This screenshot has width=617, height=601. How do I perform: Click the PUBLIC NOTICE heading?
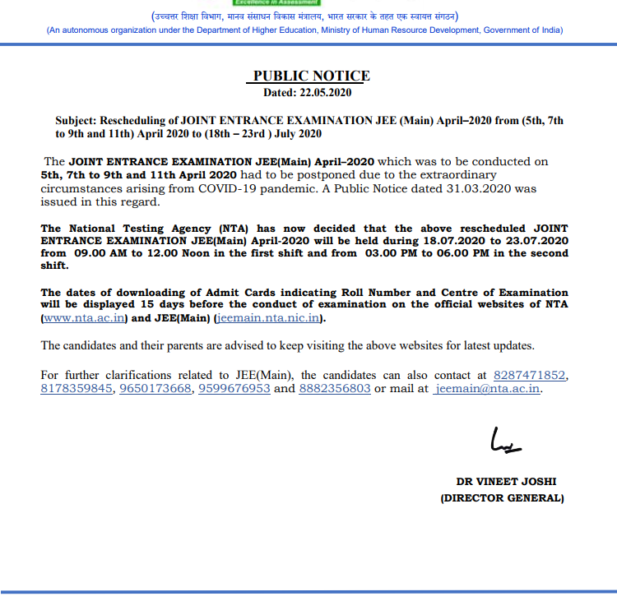[311, 76]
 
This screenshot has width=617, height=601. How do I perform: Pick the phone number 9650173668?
[155, 389]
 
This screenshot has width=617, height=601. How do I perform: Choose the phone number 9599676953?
[234, 389]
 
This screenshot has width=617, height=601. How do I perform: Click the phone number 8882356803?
[335, 389]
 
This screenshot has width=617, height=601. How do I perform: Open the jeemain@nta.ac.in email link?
[487, 389]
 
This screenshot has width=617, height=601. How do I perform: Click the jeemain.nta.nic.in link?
[269, 319]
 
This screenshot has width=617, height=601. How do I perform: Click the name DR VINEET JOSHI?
[500, 482]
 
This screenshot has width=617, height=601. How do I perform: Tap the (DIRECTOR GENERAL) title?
[501, 498]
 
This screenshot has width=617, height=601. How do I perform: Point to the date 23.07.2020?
[539, 241]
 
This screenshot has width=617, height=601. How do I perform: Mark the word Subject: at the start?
[77, 120]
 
